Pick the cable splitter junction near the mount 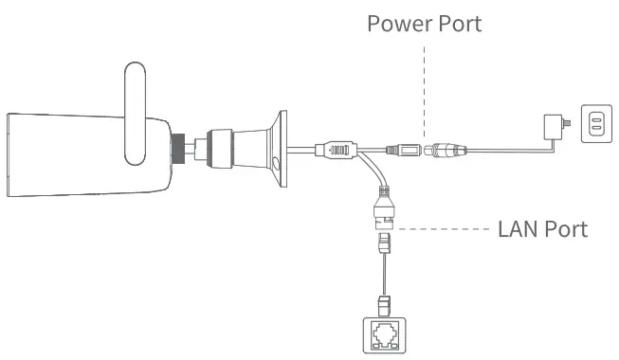[337, 149]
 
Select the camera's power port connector [403, 149]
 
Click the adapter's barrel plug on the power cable [446, 149]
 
